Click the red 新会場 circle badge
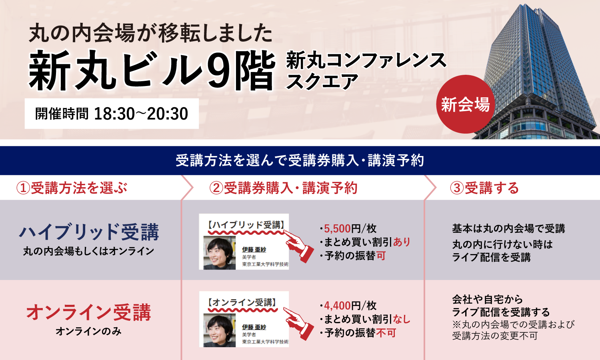pyautogui.click(x=466, y=104)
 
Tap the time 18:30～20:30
pyautogui.click(x=141, y=114)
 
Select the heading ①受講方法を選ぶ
pyautogui.click(x=72, y=188)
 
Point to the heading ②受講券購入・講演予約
pyautogui.click(x=283, y=188)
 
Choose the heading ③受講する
pyautogui.click(x=484, y=188)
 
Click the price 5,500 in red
pyautogui.click(x=337, y=229)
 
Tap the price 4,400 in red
pyautogui.click(x=337, y=306)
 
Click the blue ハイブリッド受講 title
pyautogui.click(x=89, y=232)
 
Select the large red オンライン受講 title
pyautogui.click(x=89, y=312)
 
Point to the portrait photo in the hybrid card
pyautogui.click(x=219, y=252)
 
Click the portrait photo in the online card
pyautogui.click(x=219, y=330)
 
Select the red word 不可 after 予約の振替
pyautogui.click(x=386, y=333)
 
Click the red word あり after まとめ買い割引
pyautogui.click(x=402, y=242)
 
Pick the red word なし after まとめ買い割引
pyautogui.click(x=402, y=319)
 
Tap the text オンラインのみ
pyautogui.click(x=89, y=332)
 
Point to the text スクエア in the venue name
pyautogui.click(x=322, y=81)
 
